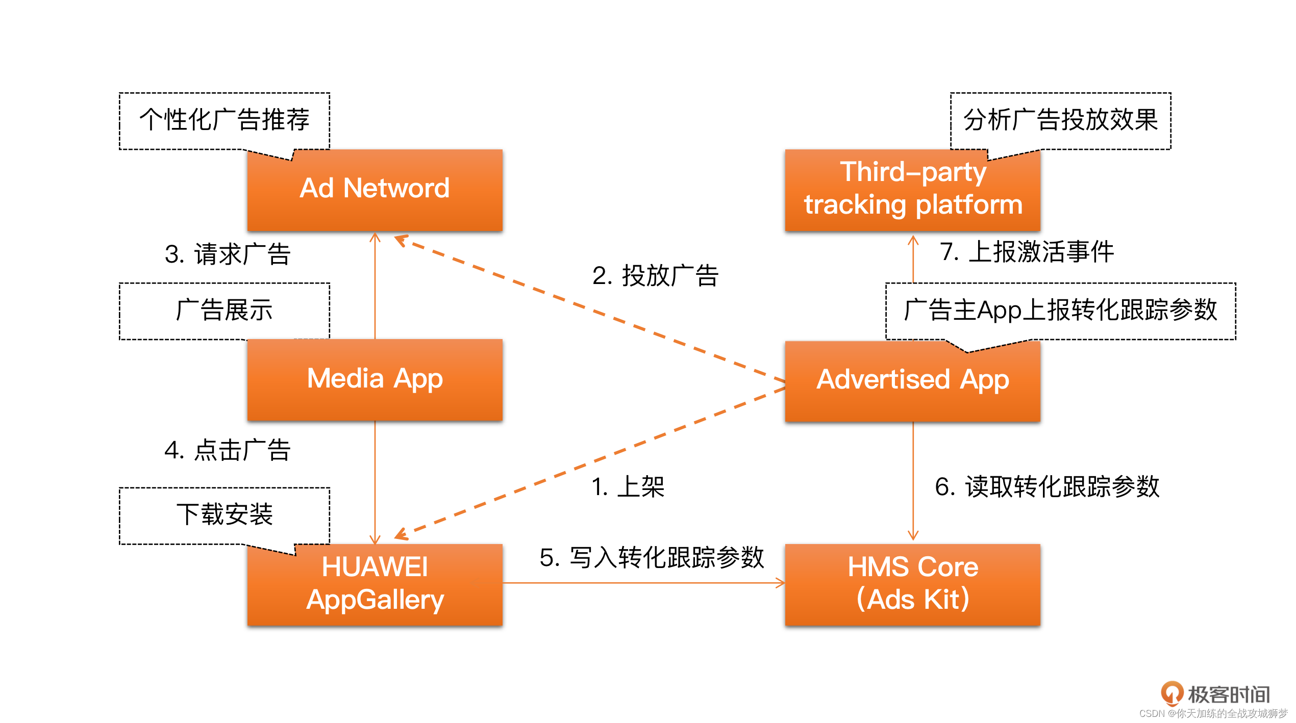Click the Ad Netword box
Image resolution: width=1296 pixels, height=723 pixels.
click(375, 190)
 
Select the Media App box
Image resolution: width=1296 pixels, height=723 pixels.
click(375, 380)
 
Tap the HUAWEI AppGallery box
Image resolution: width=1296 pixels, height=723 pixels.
click(375, 584)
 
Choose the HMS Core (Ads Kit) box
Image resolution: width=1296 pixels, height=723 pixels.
click(912, 584)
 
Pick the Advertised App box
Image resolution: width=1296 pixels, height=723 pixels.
click(912, 380)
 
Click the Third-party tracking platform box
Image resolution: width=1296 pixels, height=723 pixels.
click(912, 190)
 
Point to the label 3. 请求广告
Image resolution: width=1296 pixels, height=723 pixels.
click(228, 254)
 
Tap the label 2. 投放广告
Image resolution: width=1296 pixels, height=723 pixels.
click(655, 276)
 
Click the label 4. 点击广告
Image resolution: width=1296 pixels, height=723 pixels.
click(228, 450)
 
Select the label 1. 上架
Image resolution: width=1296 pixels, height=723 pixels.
click(628, 486)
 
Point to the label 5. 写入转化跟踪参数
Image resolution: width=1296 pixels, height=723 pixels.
click(652, 557)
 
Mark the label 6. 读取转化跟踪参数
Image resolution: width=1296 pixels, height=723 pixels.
click(1047, 486)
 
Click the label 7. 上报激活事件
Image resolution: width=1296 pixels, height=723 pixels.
click(1027, 252)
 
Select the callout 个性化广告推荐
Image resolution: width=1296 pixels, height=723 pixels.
click(225, 120)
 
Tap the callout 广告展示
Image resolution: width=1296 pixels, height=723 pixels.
click(225, 311)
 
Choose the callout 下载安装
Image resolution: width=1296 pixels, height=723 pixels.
click(225, 514)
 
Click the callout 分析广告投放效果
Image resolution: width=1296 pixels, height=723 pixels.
click(1060, 120)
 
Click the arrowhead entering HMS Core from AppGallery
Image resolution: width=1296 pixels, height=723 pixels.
click(780, 583)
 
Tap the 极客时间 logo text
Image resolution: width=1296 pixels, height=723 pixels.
click(1229, 694)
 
